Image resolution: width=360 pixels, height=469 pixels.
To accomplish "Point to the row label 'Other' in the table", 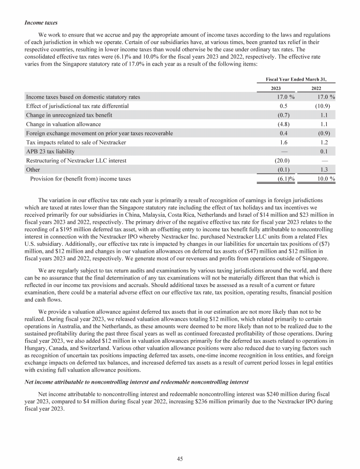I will click(33, 170).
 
